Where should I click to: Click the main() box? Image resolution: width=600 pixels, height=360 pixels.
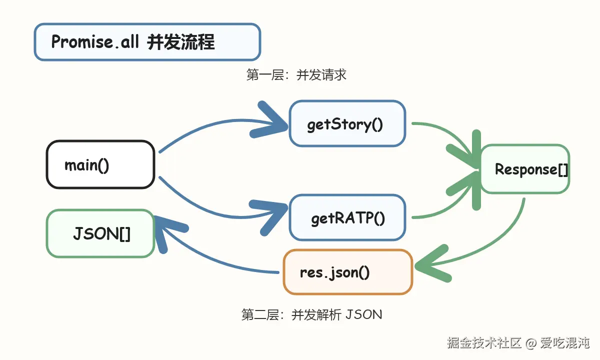(x=100, y=164)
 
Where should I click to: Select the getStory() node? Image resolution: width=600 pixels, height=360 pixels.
(x=347, y=123)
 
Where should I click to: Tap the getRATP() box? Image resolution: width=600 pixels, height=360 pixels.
(x=347, y=217)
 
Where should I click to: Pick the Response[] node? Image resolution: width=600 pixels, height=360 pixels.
(x=525, y=169)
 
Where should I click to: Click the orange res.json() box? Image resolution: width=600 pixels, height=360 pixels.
(x=348, y=272)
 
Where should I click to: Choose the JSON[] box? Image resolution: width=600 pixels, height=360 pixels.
(x=100, y=233)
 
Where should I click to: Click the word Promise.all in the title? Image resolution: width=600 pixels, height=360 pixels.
(x=95, y=42)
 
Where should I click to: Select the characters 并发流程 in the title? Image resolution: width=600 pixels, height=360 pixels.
(x=181, y=42)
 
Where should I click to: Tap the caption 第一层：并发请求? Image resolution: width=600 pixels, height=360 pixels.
(x=296, y=74)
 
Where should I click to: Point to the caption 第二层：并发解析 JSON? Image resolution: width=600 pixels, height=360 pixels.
(x=311, y=314)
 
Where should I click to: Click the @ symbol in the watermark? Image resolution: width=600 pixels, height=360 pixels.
(x=530, y=343)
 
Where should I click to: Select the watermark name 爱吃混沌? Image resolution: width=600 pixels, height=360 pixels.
(x=564, y=343)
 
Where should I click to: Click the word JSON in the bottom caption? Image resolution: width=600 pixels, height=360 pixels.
(x=364, y=314)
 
